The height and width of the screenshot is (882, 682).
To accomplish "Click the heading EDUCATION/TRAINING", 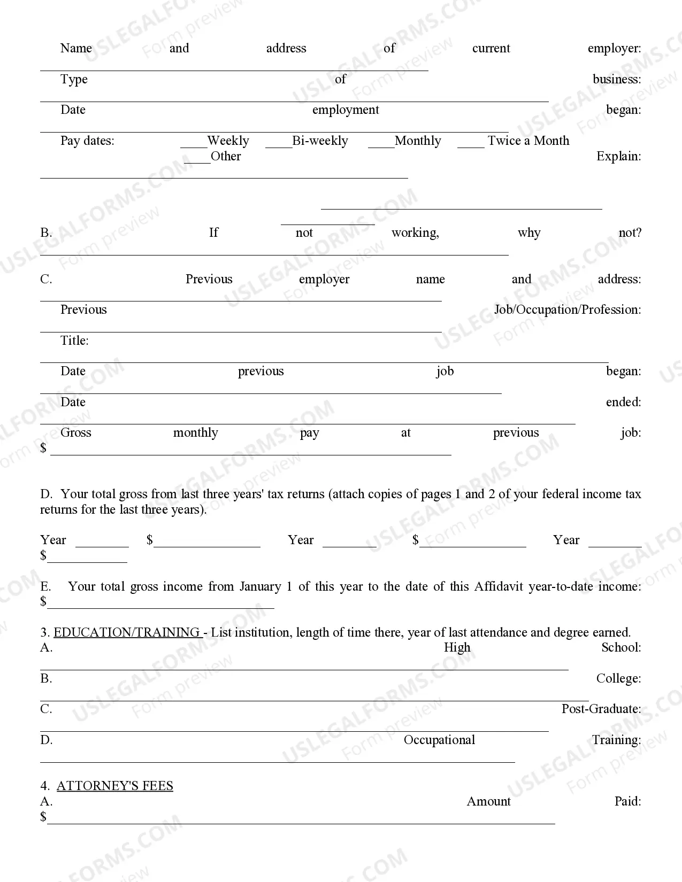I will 127,632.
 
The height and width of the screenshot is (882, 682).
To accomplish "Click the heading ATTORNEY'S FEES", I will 115,786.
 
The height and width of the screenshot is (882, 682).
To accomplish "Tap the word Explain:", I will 618,157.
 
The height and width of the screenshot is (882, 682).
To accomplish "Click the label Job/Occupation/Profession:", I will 568,310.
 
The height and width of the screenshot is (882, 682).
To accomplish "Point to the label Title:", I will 74,341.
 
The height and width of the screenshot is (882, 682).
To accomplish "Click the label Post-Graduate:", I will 601,709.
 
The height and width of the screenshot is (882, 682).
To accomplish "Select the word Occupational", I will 439,740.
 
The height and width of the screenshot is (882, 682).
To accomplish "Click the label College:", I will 618,679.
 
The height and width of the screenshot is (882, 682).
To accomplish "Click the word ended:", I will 623,403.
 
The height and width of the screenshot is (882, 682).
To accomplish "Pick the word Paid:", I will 627,802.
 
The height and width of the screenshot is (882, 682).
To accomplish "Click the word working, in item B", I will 415,233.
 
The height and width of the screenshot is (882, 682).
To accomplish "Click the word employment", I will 346,110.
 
